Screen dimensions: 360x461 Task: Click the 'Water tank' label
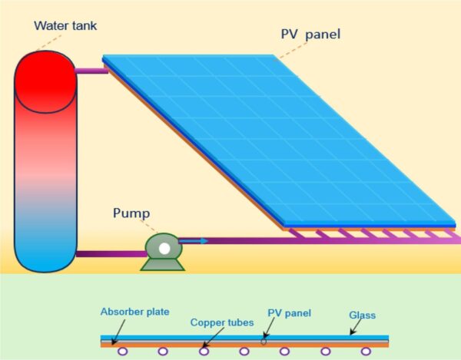coord(65,25)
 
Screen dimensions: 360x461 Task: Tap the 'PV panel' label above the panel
coord(311,35)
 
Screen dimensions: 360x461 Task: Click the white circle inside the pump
coord(164,248)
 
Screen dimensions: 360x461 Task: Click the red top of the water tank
coord(45,77)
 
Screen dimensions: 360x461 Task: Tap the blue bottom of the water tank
coord(45,246)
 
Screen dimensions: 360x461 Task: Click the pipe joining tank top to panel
coord(91,71)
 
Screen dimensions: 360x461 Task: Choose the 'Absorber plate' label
coord(134,312)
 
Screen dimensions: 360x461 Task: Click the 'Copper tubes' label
coord(222,322)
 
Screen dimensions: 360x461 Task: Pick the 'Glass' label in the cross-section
coord(361,315)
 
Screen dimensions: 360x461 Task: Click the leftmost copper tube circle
coord(122,352)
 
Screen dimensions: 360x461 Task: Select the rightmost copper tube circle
coord(365,352)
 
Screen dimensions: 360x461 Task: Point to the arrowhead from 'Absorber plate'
coord(114,342)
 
